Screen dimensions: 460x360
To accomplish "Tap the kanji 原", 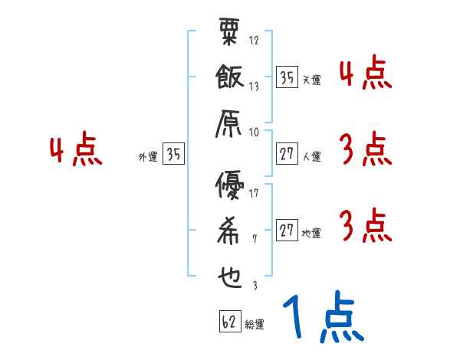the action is [x=229, y=123].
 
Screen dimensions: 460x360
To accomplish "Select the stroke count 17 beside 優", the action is [x=255, y=192].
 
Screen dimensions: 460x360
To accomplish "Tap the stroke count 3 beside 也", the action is [x=255, y=286].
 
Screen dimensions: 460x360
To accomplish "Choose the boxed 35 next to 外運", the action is [x=174, y=154].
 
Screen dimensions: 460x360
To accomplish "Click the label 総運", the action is [x=255, y=325].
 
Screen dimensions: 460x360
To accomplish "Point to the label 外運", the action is [x=148, y=157].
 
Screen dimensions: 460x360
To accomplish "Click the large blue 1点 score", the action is [x=322, y=317].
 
